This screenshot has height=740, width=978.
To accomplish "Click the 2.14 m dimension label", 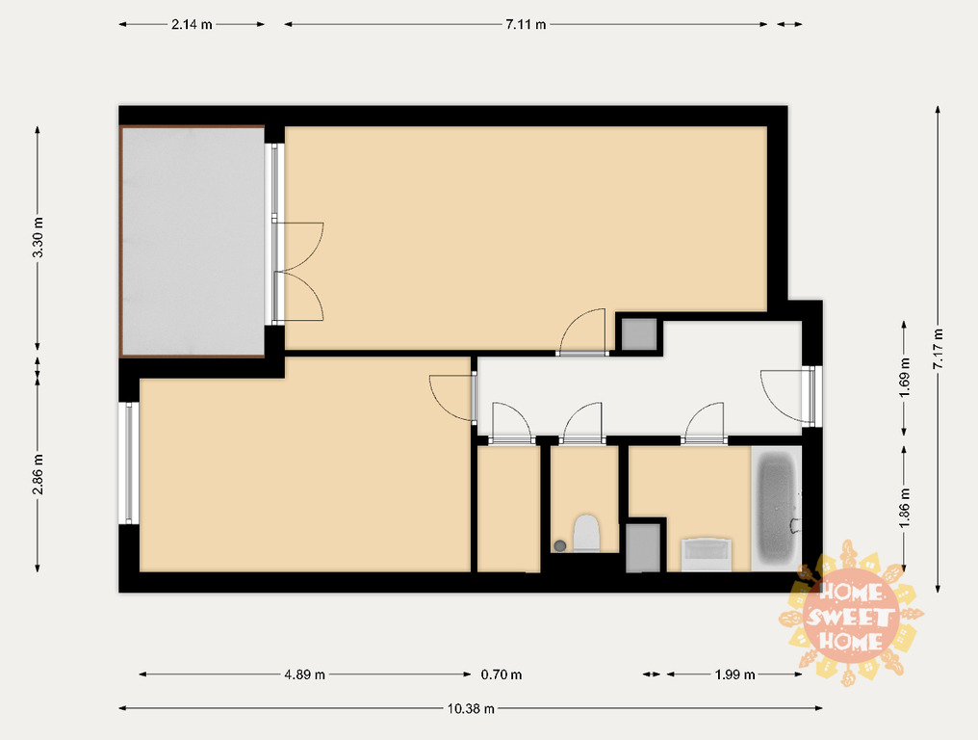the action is (x=192, y=24).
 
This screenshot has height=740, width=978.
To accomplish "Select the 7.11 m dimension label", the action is (x=526, y=24).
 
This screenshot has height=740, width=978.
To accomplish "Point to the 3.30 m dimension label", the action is (x=39, y=237).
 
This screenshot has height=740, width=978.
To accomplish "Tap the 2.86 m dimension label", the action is (x=39, y=473).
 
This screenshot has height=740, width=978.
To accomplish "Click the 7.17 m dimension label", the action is (x=939, y=348).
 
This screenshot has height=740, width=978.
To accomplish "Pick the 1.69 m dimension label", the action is (x=905, y=377).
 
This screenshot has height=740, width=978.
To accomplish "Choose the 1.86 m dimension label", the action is (x=905, y=507).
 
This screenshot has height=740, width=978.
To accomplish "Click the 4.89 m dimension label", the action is (x=305, y=674).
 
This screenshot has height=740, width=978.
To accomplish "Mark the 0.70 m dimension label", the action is (x=502, y=674).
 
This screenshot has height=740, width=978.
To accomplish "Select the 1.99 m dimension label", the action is (x=734, y=674).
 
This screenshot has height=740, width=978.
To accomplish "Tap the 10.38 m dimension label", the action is (x=471, y=708).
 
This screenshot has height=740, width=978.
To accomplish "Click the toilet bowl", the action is (x=586, y=533).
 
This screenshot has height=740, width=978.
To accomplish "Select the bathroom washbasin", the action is (x=706, y=554).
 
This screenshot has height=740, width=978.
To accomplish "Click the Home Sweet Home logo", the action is (x=851, y=615).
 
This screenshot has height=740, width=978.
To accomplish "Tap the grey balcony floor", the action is (x=193, y=241).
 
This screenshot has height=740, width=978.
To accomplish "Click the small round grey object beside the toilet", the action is (x=560, y=545).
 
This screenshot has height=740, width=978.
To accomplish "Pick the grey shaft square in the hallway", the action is (x=639, y=334).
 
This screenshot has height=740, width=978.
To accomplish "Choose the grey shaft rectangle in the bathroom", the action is (x=643, y=547).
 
